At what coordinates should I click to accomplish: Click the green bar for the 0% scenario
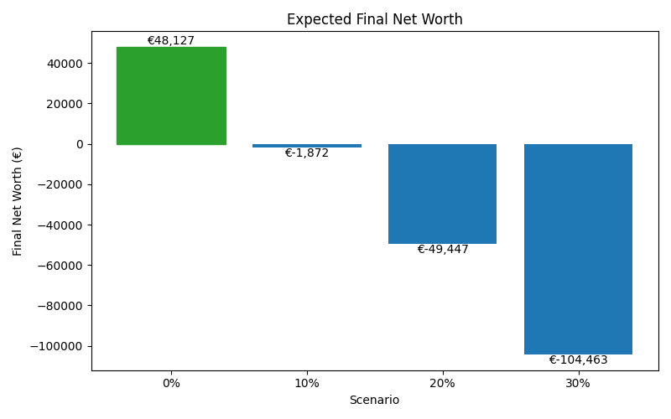[171, 96]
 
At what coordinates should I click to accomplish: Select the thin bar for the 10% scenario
[307, 146]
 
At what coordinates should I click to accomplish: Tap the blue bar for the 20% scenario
[442, 194]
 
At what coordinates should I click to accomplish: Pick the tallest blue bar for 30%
[578, 249]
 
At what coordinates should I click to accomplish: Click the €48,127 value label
[171, 40]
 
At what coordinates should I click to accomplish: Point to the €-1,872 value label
[307, 153]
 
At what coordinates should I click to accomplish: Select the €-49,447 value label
[443, 250]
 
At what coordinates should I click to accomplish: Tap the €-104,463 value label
[578, 360]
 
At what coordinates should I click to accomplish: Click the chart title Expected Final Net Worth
[374, 19]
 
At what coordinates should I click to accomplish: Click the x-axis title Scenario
[374, 401]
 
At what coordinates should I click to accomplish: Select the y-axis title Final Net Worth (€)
[18, 201]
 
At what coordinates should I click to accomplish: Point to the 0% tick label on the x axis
[171, 383]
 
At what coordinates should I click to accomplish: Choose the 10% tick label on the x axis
[307, 383]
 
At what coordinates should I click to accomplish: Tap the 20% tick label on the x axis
[442, 383]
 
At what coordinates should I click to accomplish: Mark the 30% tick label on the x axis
[578, 383]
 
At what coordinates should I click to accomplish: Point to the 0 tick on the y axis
[80, 144]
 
